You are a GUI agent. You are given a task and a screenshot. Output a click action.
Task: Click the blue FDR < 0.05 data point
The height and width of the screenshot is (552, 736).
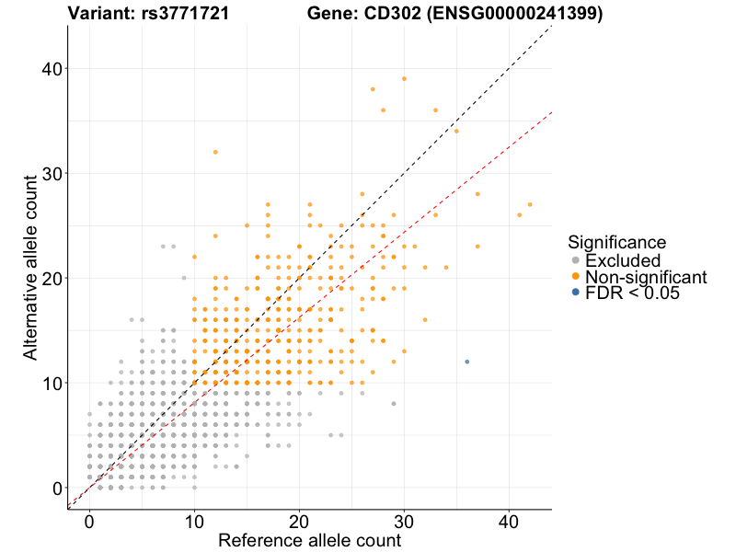[x=467, y=362]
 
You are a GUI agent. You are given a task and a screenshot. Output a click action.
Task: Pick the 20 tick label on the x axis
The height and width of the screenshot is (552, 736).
[x=299, y=522]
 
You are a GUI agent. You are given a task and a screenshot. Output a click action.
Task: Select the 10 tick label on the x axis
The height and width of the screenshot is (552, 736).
[x=194, y=522]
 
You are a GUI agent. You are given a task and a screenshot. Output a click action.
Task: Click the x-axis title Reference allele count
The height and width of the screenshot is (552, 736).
[x=309, y=541]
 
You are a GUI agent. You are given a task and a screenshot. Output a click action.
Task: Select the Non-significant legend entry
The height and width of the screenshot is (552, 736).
[x=645, y=277]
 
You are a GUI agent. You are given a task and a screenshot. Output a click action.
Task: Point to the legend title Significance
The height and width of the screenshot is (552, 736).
[x=616, y=243]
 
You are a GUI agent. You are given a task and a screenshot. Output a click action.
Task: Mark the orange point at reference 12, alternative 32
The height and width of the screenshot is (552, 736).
[x=215, y=152]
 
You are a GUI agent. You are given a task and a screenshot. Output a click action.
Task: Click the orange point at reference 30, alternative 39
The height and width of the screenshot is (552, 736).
[x=404, y=79]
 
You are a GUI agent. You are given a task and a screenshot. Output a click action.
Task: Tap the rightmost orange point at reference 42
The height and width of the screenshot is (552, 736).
[x=530, y=204]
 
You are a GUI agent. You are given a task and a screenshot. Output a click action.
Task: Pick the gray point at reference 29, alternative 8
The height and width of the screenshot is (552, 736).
[x=394, y=403]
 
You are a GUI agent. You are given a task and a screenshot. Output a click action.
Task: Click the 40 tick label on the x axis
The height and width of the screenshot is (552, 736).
[x=509, y=522]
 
